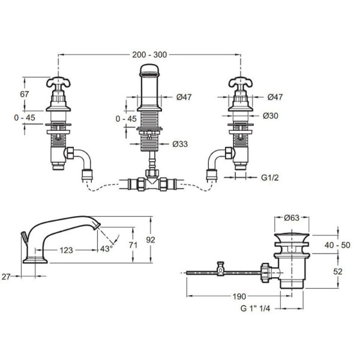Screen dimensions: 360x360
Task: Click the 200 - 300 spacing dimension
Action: pyautogui.click(x=149, y=55)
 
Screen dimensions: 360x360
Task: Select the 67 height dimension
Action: pyautogui.click(x=25, y=94)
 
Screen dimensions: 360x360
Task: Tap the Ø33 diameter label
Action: pyautogui.click(x=180, y=144)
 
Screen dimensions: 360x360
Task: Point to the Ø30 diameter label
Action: pyautogui.click(x=271, y=116)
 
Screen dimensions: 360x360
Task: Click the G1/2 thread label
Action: pyautogui.click(x=270, y=178)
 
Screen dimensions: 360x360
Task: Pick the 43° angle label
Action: pyautogui.click(x=107, y=248)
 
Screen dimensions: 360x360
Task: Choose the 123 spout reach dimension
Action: pyautogui.click(x=67, y=250)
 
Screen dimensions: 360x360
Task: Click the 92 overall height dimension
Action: pyautogui.click(x=151, y=240)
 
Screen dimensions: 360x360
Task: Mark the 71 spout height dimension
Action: pyautogui.click(x=133, y=245)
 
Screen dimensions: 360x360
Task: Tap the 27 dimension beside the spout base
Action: pyautogui.click(x=6, y=277)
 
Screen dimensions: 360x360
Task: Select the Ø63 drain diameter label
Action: pyautogui.click(x=292, y=218)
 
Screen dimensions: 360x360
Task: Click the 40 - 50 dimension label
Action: pyautogui.click(x=337, y=245)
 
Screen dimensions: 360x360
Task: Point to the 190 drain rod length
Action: pyautogui.click(x=239, y=296)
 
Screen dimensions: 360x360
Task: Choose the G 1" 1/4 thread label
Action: pyautogui.click(x=255, y=308)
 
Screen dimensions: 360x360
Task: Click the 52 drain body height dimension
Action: pyautogui.click(x=338, y=272)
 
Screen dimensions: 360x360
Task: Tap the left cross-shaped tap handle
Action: pyautogui.click(x=58, y=83)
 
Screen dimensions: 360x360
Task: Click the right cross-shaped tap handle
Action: pyautogui.click(x=241, y=83)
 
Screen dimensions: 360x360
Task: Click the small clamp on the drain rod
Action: pyautogui.click(x=221, y=268)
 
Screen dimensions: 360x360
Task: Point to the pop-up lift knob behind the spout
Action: pyautogui.click(x=24, y=236)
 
